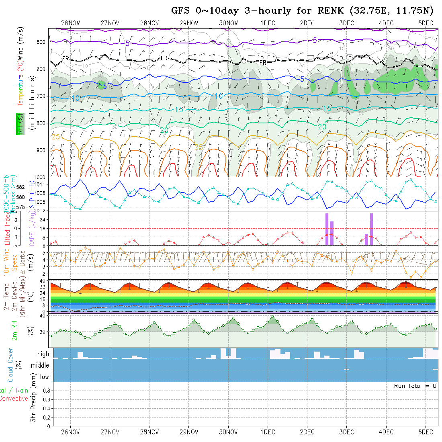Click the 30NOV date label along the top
click(228, 23)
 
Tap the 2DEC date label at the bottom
click(307, 432)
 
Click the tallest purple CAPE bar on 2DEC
click(327, 229)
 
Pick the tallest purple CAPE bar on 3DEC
click(372, 229)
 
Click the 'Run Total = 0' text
click(415, 386)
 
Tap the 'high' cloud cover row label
click(43, 354)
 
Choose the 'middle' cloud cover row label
click(40, 365)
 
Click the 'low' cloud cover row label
click(44, 377)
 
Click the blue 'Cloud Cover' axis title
click(10, 365)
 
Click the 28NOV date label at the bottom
click(149, 432)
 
